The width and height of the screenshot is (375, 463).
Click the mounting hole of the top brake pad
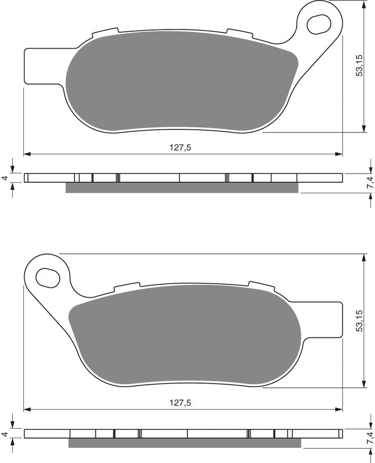click(319, 24)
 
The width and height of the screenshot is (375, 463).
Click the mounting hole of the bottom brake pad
click(47, 277)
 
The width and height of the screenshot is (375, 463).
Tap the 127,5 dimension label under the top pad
click(181, 148)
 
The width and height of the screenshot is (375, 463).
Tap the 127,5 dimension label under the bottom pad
click(181, 402)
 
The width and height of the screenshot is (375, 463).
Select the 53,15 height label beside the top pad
click(359, 65)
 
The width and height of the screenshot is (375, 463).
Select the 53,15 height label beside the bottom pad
click(359, 321)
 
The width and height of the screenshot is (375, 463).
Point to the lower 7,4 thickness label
click(371, 438)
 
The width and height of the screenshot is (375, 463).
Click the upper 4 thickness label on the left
click(4, 178)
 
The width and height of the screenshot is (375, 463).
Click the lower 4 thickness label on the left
click(4, 434)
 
